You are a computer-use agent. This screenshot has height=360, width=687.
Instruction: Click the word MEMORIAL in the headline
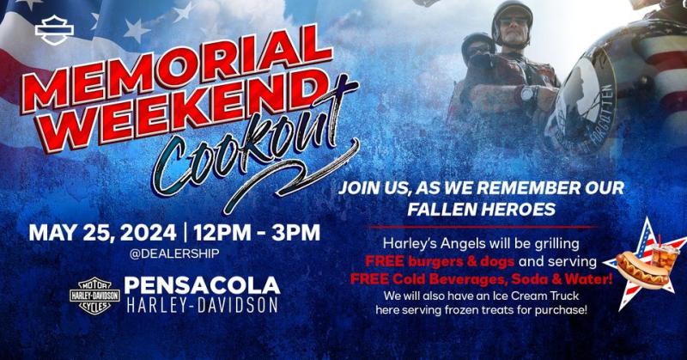coord(175,70)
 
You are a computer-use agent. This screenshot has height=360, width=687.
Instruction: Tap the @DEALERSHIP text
coord(174,253)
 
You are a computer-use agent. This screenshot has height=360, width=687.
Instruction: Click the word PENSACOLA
coord(202,285)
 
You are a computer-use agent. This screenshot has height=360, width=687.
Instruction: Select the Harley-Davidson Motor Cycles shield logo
coord(94,296)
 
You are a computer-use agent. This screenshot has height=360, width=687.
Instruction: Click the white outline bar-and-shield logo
coord(54,30)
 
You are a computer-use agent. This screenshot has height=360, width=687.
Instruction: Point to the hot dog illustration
coord(641,269)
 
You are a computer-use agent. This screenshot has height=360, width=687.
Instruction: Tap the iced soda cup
coord(664,258)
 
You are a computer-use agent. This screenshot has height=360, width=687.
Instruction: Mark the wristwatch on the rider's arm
coord(529,94)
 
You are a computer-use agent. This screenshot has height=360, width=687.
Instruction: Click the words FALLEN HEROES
coord(482,209)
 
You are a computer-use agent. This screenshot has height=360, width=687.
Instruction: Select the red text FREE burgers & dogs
coord(440,261)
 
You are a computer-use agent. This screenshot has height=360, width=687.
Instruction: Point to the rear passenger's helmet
coord(477,43)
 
